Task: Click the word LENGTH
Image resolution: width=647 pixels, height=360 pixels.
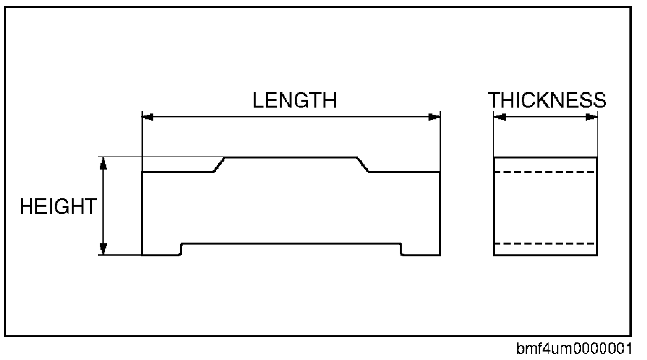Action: click(x=294, y=100)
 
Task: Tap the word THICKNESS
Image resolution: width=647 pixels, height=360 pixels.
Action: click(x=547, y=100)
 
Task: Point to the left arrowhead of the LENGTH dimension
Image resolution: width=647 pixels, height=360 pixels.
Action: click(x=148, y=117)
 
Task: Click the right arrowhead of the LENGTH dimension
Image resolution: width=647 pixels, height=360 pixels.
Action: click(x=434, y=117)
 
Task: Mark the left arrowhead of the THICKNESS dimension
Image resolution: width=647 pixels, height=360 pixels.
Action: click(x=500, y=117)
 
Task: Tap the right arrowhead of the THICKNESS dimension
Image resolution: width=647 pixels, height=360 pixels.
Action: click(x=591, y=117)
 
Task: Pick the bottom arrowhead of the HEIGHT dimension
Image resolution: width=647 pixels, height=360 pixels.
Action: click(x=102, y=248)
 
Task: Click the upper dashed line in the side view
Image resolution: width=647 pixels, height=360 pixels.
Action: click(x=545, y=172)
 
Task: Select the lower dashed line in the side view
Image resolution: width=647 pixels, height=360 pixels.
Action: click(x=545, y=243)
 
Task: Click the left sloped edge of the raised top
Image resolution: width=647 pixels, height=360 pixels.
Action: click(x=220, y=164)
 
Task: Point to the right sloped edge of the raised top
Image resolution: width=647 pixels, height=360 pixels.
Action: click(x=363, y=164)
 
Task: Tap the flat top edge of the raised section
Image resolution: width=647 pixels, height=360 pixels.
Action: click(x=291, y=157)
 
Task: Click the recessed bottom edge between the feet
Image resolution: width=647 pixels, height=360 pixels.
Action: click(x=291, y=243)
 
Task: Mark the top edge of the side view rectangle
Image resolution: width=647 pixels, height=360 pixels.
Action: click(x=545, y=157)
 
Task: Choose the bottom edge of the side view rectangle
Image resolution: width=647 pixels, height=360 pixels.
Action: click(x=545, y=255)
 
